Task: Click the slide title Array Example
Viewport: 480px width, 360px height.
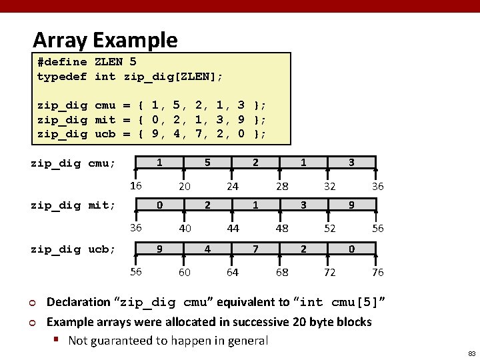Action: tap(105, 40)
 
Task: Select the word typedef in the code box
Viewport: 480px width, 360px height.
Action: tap(62, 77)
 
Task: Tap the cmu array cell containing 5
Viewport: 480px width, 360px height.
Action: tap(207, 162)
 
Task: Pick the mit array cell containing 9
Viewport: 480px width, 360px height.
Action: tap(351, 206)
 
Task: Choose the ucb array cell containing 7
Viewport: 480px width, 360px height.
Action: tap(255, 249)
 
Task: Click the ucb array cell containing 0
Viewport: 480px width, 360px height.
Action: tap(351, 249)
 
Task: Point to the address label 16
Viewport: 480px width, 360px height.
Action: tap(135, 185)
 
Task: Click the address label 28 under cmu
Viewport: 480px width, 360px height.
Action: tap(282, 187)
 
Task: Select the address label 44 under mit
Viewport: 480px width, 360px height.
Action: tap(233, 229)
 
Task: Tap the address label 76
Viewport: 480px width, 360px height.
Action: tap(377, 272)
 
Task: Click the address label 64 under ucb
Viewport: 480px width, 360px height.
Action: tap(233, 272)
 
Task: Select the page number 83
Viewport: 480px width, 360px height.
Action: tap(471, 353)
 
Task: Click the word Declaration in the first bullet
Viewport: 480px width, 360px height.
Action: tap(79, 302)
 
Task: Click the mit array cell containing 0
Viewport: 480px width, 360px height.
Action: tap(159, 206)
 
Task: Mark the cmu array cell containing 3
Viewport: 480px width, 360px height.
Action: tap(351, 162)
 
